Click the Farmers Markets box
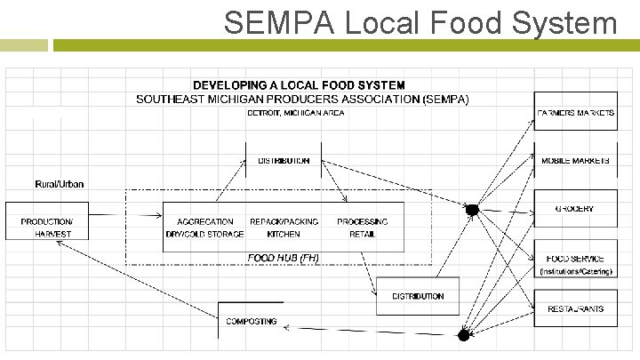[575, 112]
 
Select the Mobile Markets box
[575, 161]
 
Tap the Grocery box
[575, 210]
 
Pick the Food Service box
[575, 260]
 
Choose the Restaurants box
[575, 308]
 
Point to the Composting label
[252, 321]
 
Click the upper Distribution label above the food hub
[284, 161]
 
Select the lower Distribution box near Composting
[418, 296]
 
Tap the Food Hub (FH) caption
[284, 258]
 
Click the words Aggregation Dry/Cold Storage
[204, 228]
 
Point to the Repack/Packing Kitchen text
[284, 228]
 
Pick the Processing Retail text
[362, 228]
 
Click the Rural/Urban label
[60, 185]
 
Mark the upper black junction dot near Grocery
[473, 209]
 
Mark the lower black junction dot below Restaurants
[462, 334]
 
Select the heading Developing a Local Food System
[299, 84]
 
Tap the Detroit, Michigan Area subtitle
[296, 113]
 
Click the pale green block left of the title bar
[24, 44]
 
